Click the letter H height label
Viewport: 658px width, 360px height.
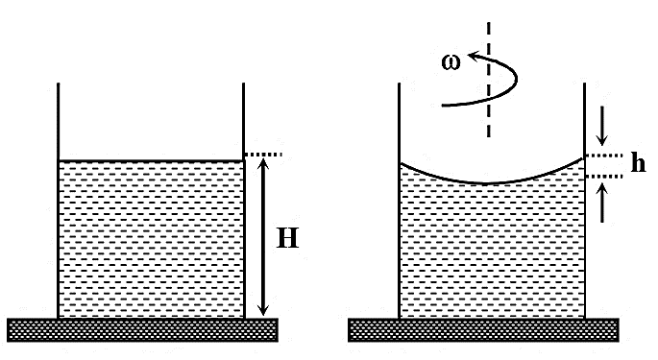pos(288,238)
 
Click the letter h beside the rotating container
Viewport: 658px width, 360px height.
pos(638,162)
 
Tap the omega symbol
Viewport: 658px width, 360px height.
pos(451,62)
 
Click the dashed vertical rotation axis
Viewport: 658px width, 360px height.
pos(489,80)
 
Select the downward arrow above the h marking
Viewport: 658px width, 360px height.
pos(602,126)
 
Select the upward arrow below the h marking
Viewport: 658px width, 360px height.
pos(602,204)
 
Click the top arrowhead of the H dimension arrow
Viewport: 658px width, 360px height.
pos(263,161)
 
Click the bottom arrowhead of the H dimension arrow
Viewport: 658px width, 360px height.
pos(263,310)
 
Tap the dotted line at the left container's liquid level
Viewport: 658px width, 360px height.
pos(263,155)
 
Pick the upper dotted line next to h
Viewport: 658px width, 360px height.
pos(604,156)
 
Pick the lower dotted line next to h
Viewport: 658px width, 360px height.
pos(604,177)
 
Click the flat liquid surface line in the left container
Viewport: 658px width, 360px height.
pos(151,160)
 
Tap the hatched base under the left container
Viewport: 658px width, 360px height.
pos(143,330)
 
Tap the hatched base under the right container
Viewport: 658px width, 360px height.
pos(483,330)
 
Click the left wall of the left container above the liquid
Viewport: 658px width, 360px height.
pos(58,122)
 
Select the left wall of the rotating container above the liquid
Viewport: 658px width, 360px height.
pos(399,123)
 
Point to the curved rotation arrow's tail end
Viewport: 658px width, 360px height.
pos(443,106)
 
